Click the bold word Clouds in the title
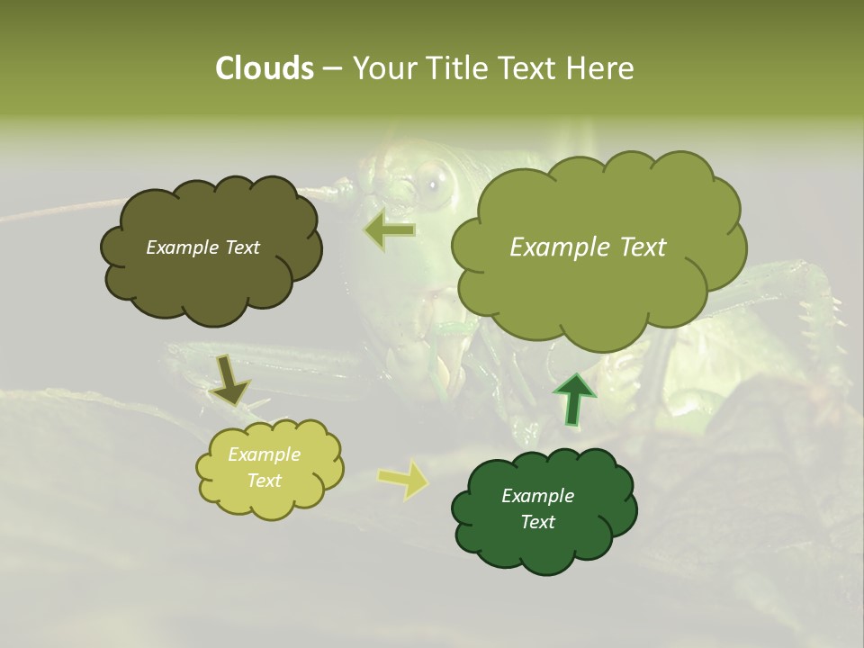(264, 68)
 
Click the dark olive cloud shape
(211, 250)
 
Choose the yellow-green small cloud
(268, 468)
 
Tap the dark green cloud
(544, 509)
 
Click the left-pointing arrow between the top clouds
(389, 230)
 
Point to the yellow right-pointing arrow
(402, 480)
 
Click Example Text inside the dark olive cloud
(202, 247)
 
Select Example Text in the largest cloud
(588, 247)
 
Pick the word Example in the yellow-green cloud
(264, 454)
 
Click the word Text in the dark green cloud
(537, 522)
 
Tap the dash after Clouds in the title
(330, 68)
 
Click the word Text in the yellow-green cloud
(264, 481)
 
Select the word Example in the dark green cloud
(537, 496)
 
